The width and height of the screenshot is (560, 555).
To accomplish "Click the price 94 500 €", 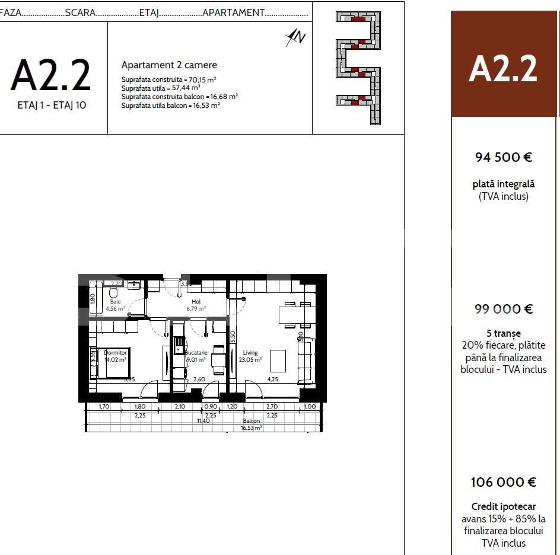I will (x=503, y=157).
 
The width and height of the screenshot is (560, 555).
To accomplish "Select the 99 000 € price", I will (x=503, y=309).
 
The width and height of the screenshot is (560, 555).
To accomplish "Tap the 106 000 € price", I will (x=503, y=482).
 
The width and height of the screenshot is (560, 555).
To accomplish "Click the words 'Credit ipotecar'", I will (x=503, y=506).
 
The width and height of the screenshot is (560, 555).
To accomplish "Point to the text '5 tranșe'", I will (x=503, y=333).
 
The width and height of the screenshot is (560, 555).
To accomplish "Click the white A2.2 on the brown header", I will (x=503, y=69).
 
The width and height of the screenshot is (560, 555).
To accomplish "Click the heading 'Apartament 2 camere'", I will (x=169, y=65).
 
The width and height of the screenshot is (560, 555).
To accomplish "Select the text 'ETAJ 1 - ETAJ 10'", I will (x=51, y=107).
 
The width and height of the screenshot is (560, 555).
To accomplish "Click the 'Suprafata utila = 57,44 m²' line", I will (x=161, y=87).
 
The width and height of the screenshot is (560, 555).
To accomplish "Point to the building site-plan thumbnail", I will (x=358, y=68).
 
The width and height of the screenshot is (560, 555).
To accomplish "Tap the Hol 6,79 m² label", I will (x=196, y=305).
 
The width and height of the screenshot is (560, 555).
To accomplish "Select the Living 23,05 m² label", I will (x=250, y=356).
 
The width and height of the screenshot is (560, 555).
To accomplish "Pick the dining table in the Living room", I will (x=296, y=314).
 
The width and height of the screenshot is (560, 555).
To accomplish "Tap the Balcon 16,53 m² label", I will (x=251, y=423).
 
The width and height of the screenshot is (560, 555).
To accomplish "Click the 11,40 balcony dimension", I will (x=203, y=420).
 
